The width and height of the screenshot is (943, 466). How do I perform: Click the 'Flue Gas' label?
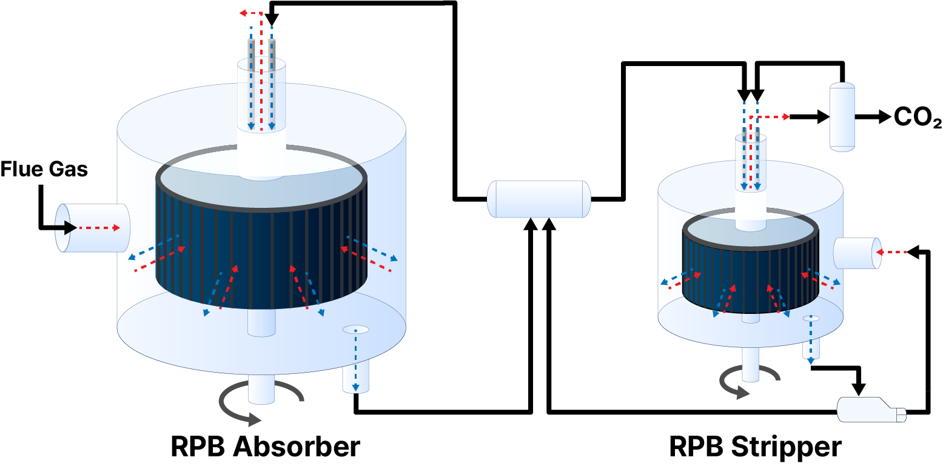(44, 169)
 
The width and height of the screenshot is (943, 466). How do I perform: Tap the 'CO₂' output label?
(918, 118)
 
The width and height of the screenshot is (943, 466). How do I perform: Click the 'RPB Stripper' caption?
(755, 447)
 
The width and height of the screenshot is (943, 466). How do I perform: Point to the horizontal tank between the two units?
(539, 199)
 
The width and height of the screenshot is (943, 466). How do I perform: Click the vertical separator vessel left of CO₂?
(842, 117)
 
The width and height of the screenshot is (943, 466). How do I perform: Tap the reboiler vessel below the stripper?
(871, 410)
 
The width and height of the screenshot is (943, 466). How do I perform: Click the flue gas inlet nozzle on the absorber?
(91, 228)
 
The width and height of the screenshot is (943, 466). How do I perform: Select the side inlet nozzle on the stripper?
(857, 253)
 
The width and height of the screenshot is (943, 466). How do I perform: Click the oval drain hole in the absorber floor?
(355, 330)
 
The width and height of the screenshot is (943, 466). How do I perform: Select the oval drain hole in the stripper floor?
(811, 318)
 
